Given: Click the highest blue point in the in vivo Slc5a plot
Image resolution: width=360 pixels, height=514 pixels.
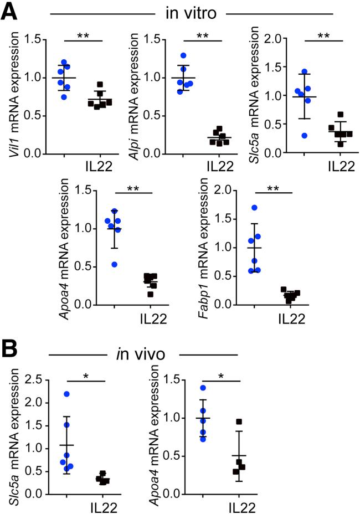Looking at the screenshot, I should tap(67, 394).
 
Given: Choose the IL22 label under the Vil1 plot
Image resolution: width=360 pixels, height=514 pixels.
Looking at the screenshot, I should tap(100, 167).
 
